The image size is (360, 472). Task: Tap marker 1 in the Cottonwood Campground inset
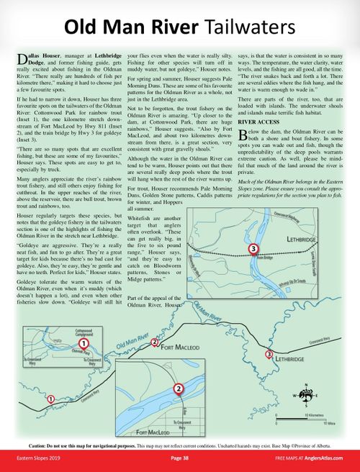[x=85, y=345]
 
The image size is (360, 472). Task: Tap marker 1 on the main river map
[x=50, y=398]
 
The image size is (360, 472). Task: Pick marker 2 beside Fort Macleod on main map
[x=155, y=342]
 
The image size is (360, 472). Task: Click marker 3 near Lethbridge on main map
[x=269, y=354]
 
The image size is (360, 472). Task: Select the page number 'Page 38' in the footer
[x=180, y=458]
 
